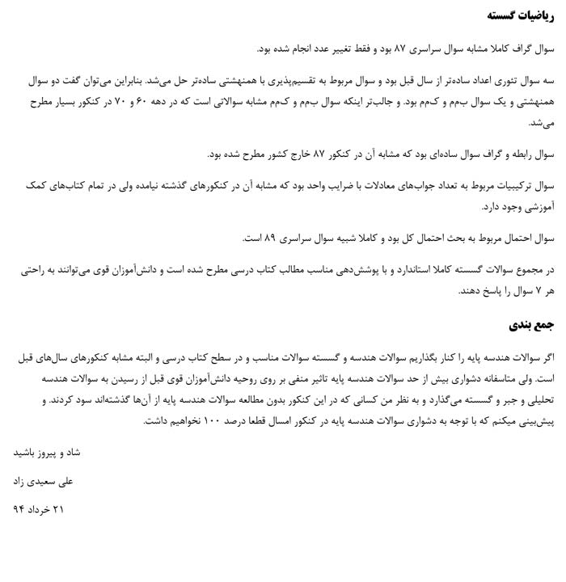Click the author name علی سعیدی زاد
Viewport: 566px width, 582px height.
coord(43,481)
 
